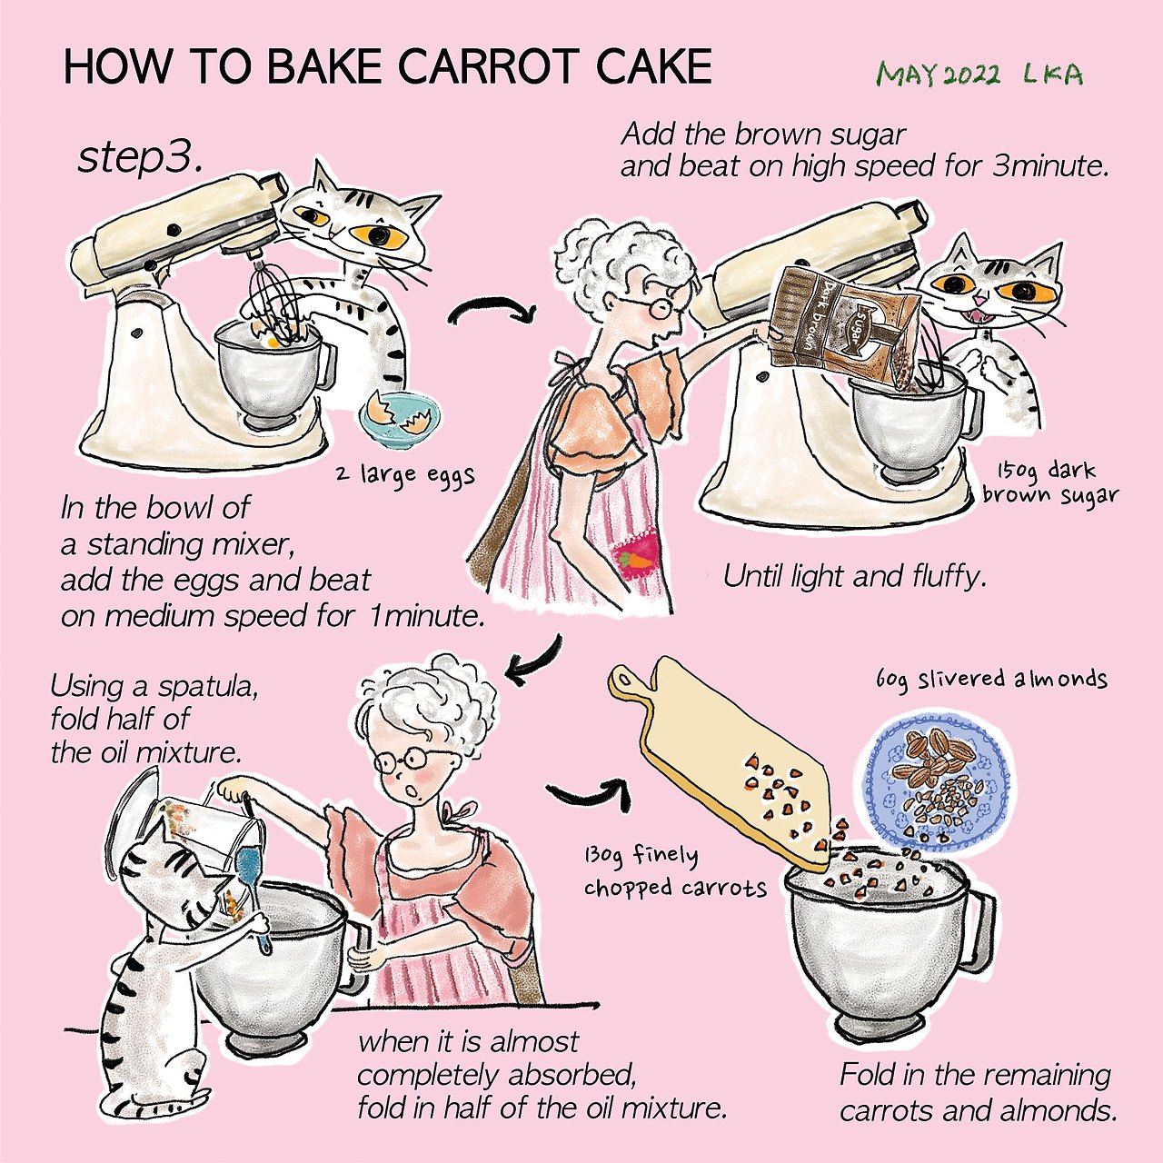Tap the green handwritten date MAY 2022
[939, 75]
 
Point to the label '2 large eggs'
[405, 474]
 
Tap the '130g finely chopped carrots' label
[675, 871]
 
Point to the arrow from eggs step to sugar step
[492, 312]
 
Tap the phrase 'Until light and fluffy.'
[855, 577]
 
